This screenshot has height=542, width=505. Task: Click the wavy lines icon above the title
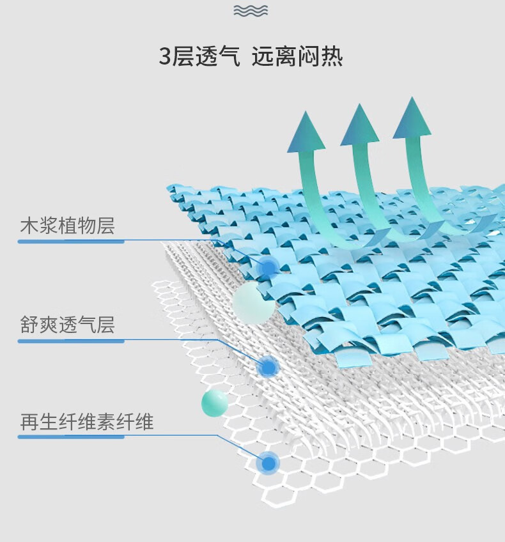pyautogui.click(x=251, y=11)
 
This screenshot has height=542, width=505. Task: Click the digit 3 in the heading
pyautogui.click(x=165, y=56)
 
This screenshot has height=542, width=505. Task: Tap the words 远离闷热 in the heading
pyautogui.click(x=297, y=56)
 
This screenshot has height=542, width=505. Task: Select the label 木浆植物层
pyautogui.click(x=67, y=226)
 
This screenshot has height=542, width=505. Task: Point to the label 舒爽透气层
pyautogui.click(x=67, y=324)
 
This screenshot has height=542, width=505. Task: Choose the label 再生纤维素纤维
pyautogui.click(x=86, y=421)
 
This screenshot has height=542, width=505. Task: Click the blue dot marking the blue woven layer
pyautogui.click(x=268, y=267)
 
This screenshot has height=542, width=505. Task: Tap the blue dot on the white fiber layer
pyautogui.click(x=268, y=367)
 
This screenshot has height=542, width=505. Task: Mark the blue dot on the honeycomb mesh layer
pyautogui.click(x=268, y=463)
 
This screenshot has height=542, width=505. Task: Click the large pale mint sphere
pyautogui.click(x=254, y=303)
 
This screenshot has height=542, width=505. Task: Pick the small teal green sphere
pyautogui.click(x=215, y=403)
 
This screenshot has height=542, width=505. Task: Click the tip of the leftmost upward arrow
pyautogui.click(x=306, y=111)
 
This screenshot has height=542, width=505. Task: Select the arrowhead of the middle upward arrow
pyautogui.click(x=359, y=125)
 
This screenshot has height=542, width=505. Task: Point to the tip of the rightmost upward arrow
pyautogui.click(x=412, y=97)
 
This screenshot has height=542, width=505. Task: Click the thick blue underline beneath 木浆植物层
pyautogui.click(x=71, y=241)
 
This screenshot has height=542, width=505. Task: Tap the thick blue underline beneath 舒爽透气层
pyautogui.click(x=71, y=341)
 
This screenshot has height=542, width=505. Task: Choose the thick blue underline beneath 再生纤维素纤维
pyautogui.click(x=71, y=437)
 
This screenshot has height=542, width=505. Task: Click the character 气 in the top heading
pyautogui.click(x=229, y=56)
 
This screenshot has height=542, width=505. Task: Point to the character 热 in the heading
pyautogui.click(x=332, y=56)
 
